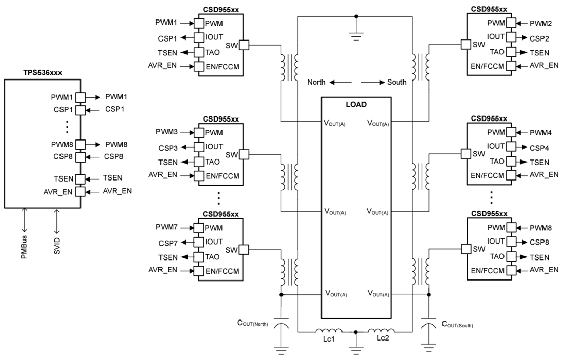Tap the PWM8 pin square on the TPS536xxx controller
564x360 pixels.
80,145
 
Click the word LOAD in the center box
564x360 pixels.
356,104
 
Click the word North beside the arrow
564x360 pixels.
317,82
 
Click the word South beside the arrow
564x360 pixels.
397,82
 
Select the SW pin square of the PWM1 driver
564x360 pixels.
245,45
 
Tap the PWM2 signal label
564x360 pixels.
540,23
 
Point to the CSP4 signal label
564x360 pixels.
539,147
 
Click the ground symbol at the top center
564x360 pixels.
356,32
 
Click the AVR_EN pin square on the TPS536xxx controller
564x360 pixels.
80,191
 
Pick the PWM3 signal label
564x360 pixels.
167,132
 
